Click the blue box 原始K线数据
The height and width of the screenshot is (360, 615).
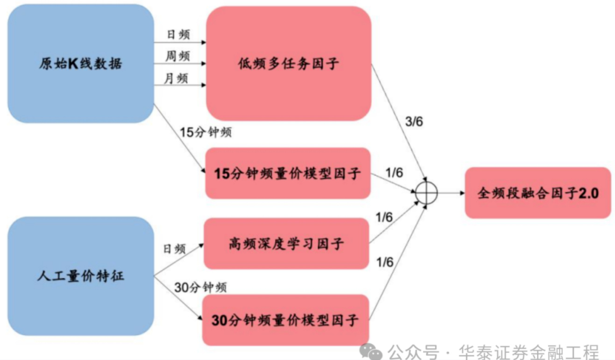(x=80, y=64)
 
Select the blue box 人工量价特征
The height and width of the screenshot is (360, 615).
(x=80, y=275)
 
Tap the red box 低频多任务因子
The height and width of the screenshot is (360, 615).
(x=288, y=64)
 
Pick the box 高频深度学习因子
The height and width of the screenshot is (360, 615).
(x=286, y=243)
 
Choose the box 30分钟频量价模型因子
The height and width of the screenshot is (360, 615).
(x=285, y=320)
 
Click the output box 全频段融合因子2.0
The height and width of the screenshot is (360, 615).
(x=537, y=193)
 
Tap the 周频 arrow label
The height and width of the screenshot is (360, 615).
(x=177, y=56)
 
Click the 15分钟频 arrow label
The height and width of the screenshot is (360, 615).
(x=206, y=132)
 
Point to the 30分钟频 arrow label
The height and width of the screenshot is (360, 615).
(x=200, y=287)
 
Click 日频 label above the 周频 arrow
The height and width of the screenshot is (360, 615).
(x=178, y=34)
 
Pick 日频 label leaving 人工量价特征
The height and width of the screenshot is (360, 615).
(x=174, y=249)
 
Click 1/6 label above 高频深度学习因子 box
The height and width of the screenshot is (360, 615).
(x=385, y=217)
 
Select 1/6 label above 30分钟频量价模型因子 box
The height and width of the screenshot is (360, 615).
(x=385, y=262)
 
